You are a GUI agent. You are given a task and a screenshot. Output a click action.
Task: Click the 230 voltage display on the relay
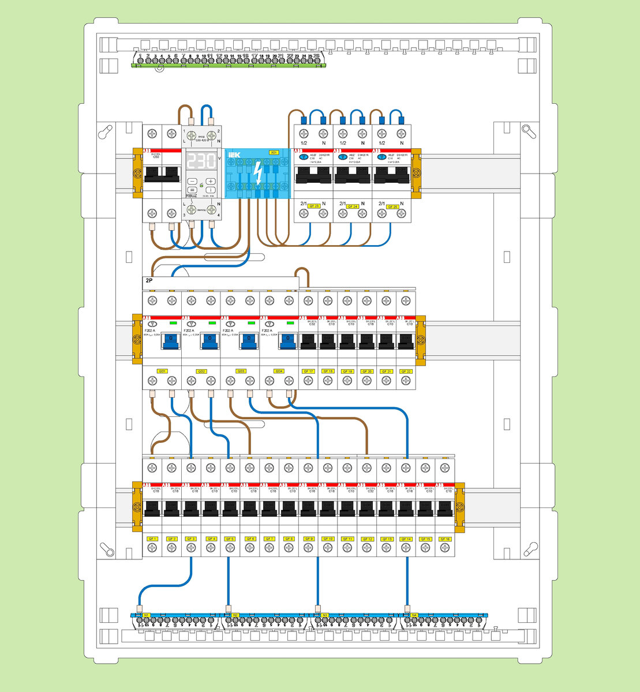(200, 161)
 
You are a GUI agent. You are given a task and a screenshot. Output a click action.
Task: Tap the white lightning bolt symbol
(258, 173)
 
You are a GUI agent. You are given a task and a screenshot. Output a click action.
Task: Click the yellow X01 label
(274, 153)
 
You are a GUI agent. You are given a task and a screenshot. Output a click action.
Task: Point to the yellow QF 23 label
(314, 206)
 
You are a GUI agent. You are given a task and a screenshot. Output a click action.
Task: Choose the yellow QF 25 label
(392, 206)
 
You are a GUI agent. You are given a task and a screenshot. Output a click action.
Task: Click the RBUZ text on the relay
(192, 195)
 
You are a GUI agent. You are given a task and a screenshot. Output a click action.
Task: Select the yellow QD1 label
(162, 371)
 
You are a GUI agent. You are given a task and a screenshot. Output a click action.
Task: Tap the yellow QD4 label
(279, 371)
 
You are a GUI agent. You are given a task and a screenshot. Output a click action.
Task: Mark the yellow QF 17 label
(308, 371)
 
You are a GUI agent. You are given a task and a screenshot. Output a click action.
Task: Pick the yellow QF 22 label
(406, 371)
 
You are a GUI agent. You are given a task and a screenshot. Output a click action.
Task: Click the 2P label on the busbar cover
(149, 280)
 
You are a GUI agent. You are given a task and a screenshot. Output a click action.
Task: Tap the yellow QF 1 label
(152, 539)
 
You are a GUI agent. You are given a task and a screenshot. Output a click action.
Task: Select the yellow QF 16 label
(444, 539)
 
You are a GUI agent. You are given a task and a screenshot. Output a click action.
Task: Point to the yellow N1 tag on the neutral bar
(147, 615)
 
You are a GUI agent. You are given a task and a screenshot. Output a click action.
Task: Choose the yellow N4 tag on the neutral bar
(414, 615)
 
